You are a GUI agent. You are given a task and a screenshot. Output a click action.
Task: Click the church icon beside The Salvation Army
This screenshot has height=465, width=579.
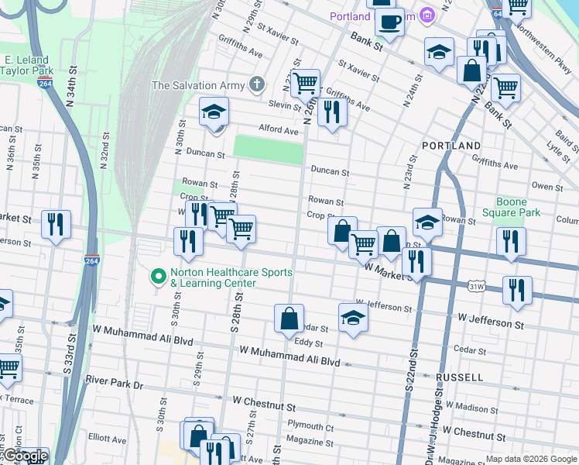(x=257, y=85)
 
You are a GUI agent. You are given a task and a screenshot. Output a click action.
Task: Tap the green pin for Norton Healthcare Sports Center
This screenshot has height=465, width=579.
(x=159, y=276)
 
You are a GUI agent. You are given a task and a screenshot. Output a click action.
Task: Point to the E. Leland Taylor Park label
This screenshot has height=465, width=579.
(x=26, y=64)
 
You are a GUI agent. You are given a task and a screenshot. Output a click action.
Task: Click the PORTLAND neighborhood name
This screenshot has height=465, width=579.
(x=451, y=146)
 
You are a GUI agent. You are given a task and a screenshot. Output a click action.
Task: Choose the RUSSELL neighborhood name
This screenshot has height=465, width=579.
(x=460, y=377)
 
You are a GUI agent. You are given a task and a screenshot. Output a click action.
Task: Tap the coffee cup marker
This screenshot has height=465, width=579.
(x=389, y=21)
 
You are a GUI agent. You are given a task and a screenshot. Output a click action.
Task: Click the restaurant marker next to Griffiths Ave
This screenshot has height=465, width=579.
(x=332, y=112)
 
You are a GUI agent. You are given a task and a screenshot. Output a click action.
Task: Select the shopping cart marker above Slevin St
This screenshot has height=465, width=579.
(x=306, y=81)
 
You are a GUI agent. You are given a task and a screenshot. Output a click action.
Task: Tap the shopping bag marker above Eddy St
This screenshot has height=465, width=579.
(x=289, y=318)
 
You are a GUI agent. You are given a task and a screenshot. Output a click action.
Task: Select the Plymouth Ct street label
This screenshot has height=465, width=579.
(x=310, y=426)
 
